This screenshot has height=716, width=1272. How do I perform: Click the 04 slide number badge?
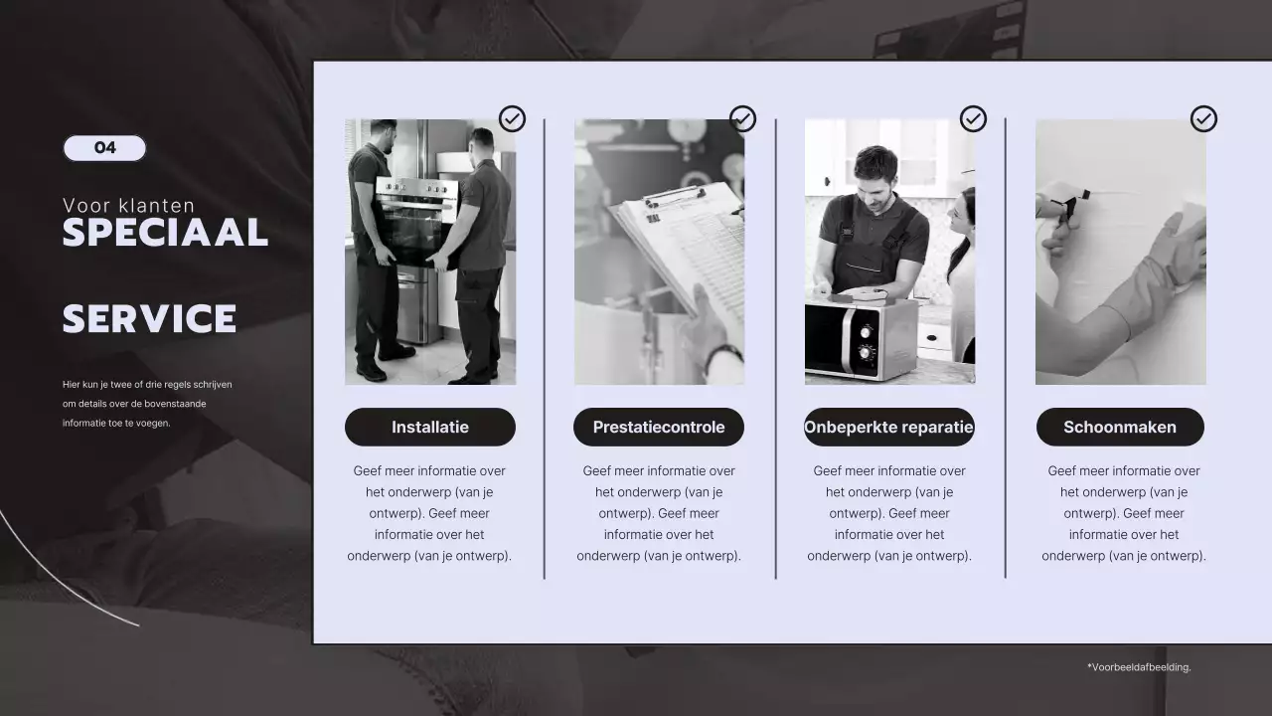pos(104,148)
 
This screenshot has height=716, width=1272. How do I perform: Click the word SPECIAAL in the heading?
pos(165,233)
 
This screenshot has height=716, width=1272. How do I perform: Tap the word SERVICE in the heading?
pos(149,318)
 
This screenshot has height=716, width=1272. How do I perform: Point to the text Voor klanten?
pos(128,205)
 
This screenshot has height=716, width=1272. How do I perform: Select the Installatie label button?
pos(430,427)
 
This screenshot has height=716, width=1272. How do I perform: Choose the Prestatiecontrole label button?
pos(659,427)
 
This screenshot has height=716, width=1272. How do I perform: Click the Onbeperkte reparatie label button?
pos(888,427)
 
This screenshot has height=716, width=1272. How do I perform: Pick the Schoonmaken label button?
pos(1120,427)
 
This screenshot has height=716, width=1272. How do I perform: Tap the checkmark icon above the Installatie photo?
pos(512,118)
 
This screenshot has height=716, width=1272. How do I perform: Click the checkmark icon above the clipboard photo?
pos(742,118)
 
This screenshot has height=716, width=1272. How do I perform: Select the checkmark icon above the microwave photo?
pos(973,118)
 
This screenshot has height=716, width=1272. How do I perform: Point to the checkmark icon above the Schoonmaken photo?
pos(1203,118)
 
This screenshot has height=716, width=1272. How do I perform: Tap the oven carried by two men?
pos(417,221)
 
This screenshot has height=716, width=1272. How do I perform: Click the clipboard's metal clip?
pos(674,197)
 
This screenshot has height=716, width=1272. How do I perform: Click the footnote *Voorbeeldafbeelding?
pos(1139,667)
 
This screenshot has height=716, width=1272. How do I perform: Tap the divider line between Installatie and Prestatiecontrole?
pos(544,349)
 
